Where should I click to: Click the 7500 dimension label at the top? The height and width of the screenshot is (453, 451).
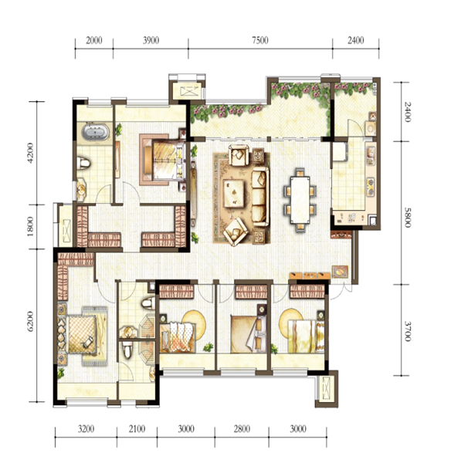point(260,40)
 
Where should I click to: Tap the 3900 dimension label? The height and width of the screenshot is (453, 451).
point(151,40)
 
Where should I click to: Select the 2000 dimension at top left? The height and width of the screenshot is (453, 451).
point(94,40)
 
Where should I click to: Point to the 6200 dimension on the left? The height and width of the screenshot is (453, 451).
point(30,321)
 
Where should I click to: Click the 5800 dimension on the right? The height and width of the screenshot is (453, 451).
point(407,218)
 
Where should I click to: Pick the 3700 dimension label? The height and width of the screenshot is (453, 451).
point(407,331)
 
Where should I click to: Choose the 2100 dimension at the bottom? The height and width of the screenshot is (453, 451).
point(137,429)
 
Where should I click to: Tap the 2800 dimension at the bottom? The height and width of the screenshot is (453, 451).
point(242,429)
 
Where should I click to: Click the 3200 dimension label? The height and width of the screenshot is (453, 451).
point(86,429)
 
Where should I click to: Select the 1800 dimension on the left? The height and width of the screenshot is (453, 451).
point(30,227)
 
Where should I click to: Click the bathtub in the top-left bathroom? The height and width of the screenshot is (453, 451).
point(95,132)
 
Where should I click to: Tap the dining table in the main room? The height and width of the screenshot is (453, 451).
point(300,199)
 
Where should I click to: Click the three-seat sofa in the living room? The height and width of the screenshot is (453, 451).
point(259,196)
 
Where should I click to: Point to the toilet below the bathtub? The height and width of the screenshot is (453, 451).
point(83,164)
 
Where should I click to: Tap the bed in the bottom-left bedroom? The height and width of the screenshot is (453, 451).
point(81,334)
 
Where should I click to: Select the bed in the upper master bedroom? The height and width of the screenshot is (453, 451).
point(164,160)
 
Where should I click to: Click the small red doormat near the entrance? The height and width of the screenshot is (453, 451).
point(340,272)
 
